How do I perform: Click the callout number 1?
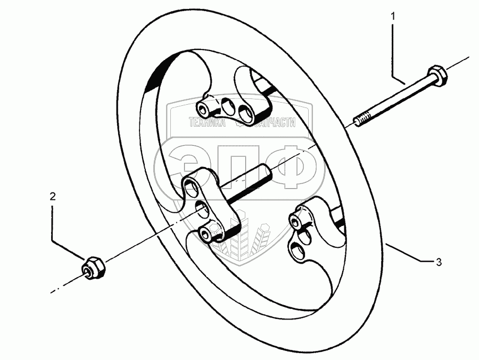click(393, 17)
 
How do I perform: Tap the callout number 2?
click(52, 196)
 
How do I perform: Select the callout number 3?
click(438, 262)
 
